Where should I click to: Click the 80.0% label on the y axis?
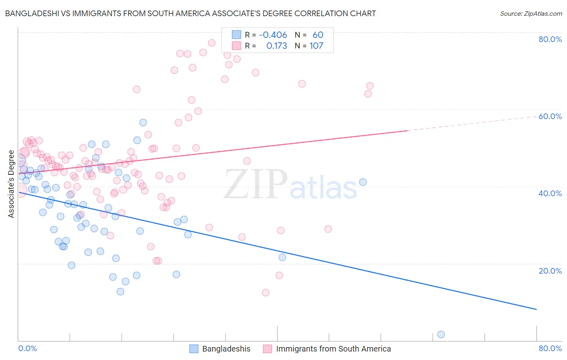pyautogui.click(x=550, y=39)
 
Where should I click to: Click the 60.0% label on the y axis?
pyautogui.click(x=550, y=116)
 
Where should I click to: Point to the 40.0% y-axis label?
pyautogui.click(x=550, y=193)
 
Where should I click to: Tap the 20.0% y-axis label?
pyautogui.click(x=550, y=271)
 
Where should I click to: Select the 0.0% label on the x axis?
pyautogui.click(x=27, y=348)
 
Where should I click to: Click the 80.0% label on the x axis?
pyautogui.click(x=550, y=348)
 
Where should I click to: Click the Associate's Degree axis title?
pyautogui.click(x=11, y=184)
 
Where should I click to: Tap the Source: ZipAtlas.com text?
pyautogui.click(x=531, y=14)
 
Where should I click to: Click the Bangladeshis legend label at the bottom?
pyautogui.click(x=226, y=349)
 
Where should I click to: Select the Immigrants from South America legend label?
pyautogui.click(x=333, y=349)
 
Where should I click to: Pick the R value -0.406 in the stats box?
pyautogui.click(x=273, y=35)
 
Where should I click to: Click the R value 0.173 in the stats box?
pyautogui.click(x=277, y=46)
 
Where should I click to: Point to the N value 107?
pyautogui.click(x=316, y=46)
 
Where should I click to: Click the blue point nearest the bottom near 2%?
pyautogui.click(x=441, y=334)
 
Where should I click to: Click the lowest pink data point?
pyautogui.click(x=265, y=293)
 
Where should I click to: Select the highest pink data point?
pyautogui.click(x=211, y=43)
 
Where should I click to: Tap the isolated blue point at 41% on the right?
pyautogui.click(x=363, y=182)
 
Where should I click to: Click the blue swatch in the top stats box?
pyautogui.click(x=236, y=35)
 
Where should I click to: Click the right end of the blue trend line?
pyautogui.click(x=536, y=309)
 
